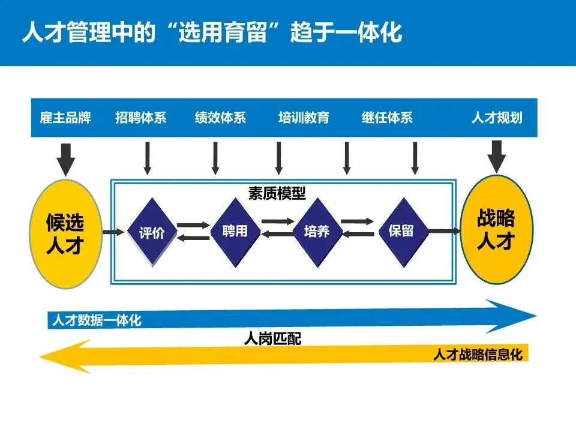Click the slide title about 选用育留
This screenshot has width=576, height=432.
tap(211, 33)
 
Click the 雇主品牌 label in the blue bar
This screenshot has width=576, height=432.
tap(65, 118)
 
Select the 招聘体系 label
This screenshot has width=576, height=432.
tap(140, 118)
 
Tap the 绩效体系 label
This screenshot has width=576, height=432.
tap(220, 118)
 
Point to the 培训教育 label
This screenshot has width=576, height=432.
tap(304, 118)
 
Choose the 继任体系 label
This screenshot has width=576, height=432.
tap(387, 118)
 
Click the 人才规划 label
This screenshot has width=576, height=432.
tap(496, 118)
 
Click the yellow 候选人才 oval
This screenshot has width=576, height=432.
tap(65, 232)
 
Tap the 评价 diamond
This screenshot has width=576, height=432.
tap(151, 232)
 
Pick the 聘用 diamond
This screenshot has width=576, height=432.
tap(234, 231)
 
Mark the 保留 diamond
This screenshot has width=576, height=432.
tap(401, 231)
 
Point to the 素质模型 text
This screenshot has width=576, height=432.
tap(277, 194)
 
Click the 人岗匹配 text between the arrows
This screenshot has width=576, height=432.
tap(272, 339)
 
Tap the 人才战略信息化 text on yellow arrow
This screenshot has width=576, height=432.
tap(478, 355)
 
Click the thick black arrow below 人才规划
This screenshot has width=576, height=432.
tap(496, 156)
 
